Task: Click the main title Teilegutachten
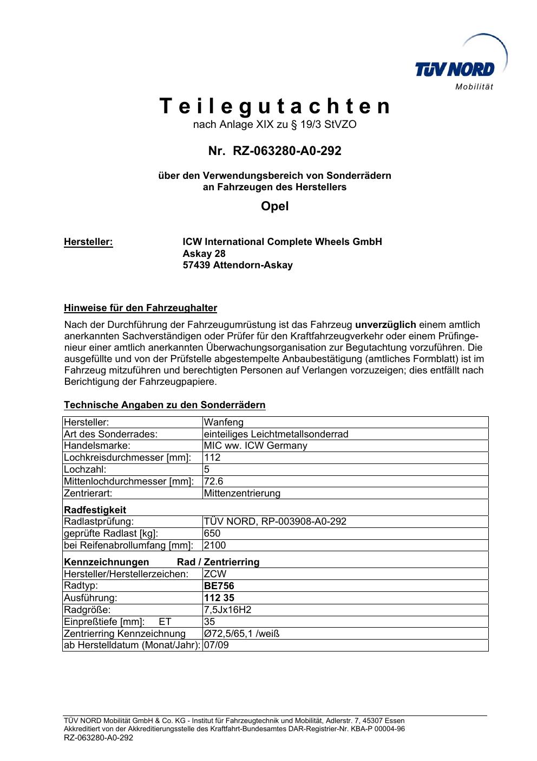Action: (x=275, y=106)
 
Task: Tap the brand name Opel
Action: (x=275, y=207)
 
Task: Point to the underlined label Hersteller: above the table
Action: (x=88, y=242)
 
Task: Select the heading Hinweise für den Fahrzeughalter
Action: (x=140, y=308)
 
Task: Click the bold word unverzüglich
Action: (x=385, y=325)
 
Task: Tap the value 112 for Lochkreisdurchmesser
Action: (x=212, y=457)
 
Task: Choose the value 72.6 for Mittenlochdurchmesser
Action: (x=214, y=481)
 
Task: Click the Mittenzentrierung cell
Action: (x=242, y=493)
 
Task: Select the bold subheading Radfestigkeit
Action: (x=95, y=510)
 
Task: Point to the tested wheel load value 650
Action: (x=212, y=533)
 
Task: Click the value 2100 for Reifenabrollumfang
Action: (x=215, y=545)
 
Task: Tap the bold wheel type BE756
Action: (x=219, y=586)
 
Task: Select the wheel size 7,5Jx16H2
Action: (x=227, y=610)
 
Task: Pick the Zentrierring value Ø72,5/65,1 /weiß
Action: (x=241, y=634)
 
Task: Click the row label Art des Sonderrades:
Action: (x=110, y=434)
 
